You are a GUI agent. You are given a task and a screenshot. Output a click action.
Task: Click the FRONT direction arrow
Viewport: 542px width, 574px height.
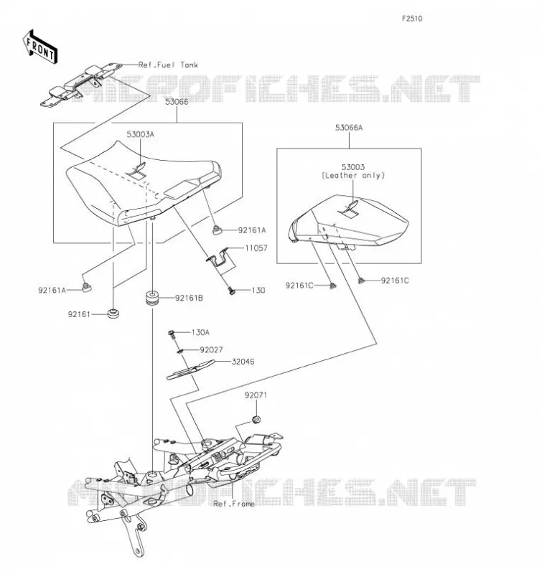pos(39,47)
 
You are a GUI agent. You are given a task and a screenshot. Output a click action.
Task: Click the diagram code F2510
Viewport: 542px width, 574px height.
pos(412,19)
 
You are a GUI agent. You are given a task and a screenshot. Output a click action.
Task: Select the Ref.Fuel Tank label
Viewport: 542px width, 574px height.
pos(168,65)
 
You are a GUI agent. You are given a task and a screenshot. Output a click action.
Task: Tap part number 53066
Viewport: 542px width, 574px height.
pos(177,102)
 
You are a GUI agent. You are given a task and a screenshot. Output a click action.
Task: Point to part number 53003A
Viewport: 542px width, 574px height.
pos(140,134)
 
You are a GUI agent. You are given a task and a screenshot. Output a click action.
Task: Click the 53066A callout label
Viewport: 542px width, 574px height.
pos(349,128)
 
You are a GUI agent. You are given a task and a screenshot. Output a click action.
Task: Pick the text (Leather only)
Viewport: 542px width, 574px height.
pos(353,175)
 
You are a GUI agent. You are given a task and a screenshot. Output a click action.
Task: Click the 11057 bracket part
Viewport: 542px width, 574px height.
pos(219,258)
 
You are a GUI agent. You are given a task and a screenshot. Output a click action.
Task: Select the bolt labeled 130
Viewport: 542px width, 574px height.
pos(231,291)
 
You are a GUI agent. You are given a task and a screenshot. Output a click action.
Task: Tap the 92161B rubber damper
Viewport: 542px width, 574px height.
pos(152,298)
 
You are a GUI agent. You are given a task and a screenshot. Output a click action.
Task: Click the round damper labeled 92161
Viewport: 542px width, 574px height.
pos(113,314)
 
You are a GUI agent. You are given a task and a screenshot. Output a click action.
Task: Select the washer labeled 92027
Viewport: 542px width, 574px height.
pos(179,352)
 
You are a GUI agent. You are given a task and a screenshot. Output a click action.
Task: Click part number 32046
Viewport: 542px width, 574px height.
pos(243,362)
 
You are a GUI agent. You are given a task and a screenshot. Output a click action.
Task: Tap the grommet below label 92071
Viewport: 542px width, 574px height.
pos(256,419)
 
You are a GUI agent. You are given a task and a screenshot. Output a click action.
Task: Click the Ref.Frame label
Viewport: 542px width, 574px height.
pos(233,504)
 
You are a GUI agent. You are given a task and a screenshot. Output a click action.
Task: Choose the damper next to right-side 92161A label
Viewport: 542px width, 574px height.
pos(218,230)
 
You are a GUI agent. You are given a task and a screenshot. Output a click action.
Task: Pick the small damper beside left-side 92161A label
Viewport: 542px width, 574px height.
pos(86,288)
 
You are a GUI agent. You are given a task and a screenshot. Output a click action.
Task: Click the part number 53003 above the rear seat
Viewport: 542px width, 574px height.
pos(353,167)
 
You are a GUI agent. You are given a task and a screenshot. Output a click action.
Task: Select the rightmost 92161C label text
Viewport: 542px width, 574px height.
pos(395,281)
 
